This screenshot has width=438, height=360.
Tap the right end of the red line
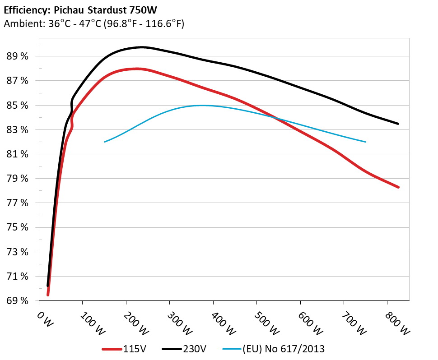[x=398, y=187]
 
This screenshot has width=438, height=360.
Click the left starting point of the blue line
[x=105, y=142]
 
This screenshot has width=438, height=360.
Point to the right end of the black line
[x=398, y=124]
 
